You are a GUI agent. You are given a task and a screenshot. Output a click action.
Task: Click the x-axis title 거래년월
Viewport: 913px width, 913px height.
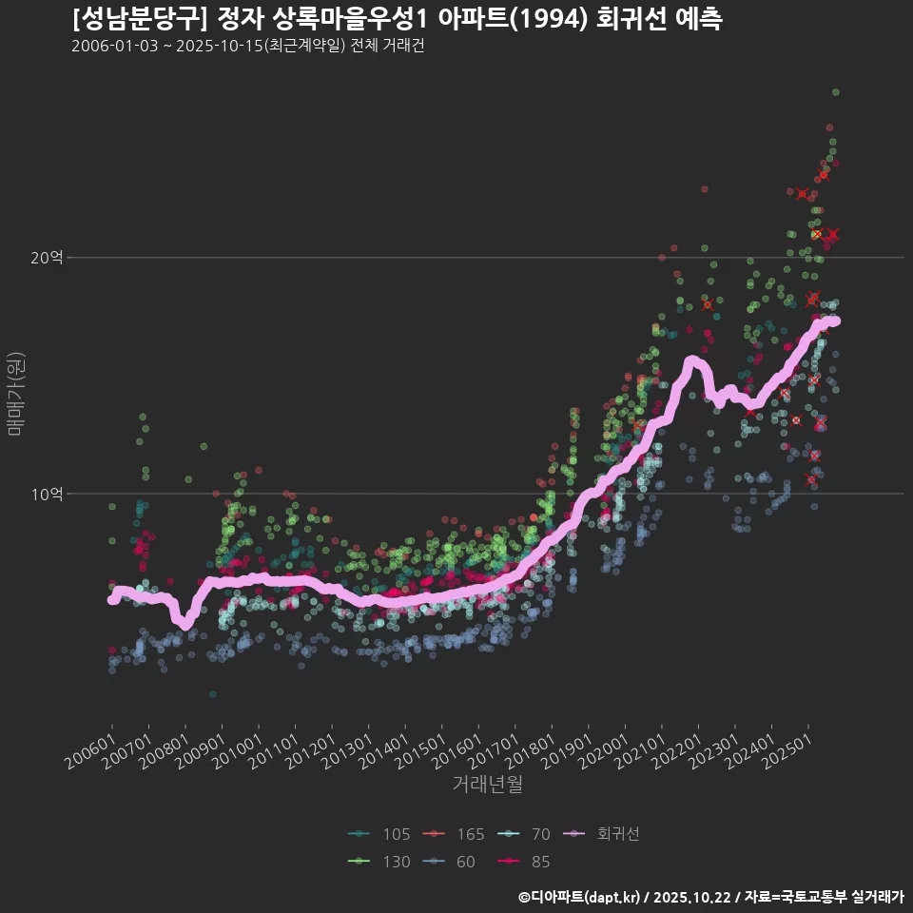(x=487, y=785)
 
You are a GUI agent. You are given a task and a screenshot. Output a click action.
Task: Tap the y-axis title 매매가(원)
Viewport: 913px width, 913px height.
(x=15, y=393)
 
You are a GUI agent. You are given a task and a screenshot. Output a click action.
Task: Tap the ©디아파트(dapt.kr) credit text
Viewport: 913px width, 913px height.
(x=579, y=897)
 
